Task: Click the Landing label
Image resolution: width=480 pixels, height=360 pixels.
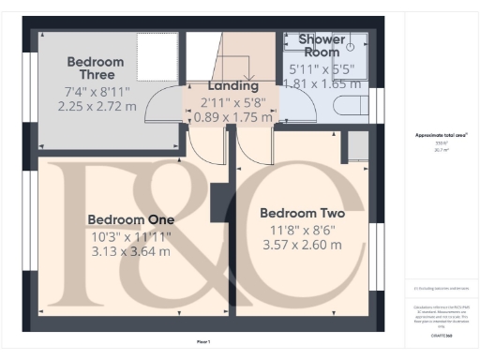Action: coord(232,85)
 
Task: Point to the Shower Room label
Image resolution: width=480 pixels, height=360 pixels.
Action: coord(321,45)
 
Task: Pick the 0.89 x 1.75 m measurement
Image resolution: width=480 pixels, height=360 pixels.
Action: coord(232,117)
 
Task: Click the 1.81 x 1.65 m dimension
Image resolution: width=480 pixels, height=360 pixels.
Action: coord(322,82)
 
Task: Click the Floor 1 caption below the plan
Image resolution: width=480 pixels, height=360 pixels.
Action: coord(203,341)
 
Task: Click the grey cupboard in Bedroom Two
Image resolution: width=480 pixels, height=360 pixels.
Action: coord(357,145)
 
